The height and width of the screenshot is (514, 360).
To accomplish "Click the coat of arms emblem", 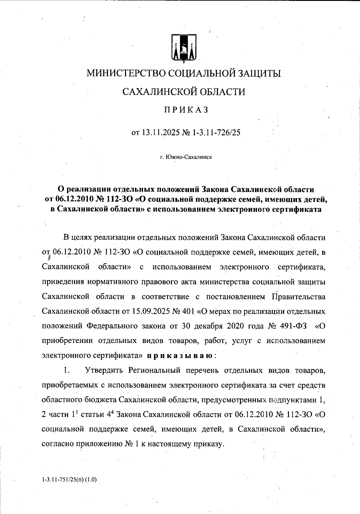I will [x=184, y=48].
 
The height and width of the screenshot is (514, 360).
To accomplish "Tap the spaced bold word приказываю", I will [x=180, y=356].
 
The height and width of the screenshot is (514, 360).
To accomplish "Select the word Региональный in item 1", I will [x=154, y=370].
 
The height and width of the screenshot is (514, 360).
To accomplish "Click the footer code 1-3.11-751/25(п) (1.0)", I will [x=69, y=479].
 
